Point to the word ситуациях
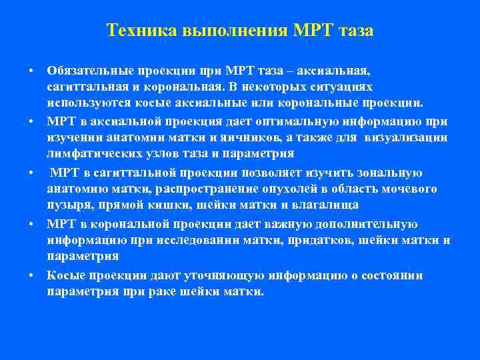coord(344,87)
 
